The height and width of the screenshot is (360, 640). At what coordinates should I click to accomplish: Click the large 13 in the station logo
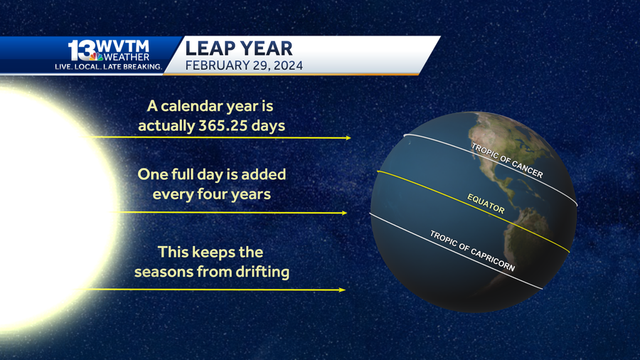click(82, 51)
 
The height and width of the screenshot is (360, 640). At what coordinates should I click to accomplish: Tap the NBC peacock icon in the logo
click(96, 56)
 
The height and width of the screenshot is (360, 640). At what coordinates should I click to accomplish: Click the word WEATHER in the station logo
click(127, 57)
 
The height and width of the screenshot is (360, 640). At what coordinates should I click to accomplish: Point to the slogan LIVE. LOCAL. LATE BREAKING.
click(109, 67)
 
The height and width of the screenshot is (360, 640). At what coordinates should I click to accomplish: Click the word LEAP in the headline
click(210, 48)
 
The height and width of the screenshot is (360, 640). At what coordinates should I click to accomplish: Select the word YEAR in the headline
click(266, 48)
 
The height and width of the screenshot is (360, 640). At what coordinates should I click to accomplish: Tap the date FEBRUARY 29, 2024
click(244, 65)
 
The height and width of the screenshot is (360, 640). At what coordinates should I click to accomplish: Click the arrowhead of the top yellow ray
click(348, 138)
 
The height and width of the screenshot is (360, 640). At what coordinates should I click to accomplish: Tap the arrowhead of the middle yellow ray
click(344, 213)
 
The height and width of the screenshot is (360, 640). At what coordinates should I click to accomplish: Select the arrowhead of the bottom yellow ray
click(343, 290)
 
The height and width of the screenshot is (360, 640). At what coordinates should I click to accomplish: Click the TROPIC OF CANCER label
click(507, 160)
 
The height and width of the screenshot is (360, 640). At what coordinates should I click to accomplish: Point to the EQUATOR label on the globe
click(486, 203)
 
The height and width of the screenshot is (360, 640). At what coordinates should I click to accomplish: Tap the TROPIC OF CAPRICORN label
click(472, 250)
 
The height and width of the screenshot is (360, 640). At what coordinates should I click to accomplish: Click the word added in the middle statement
click(264, 174)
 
